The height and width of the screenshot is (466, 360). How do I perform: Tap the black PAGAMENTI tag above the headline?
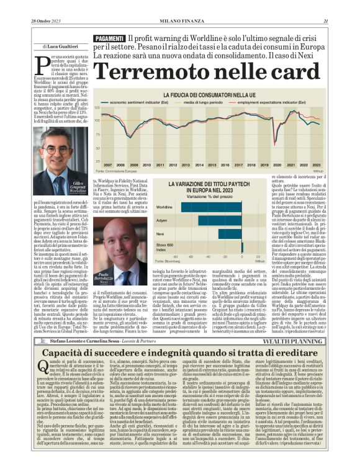point(109,39)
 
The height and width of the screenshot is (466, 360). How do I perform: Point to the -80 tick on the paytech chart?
point(176,256)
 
